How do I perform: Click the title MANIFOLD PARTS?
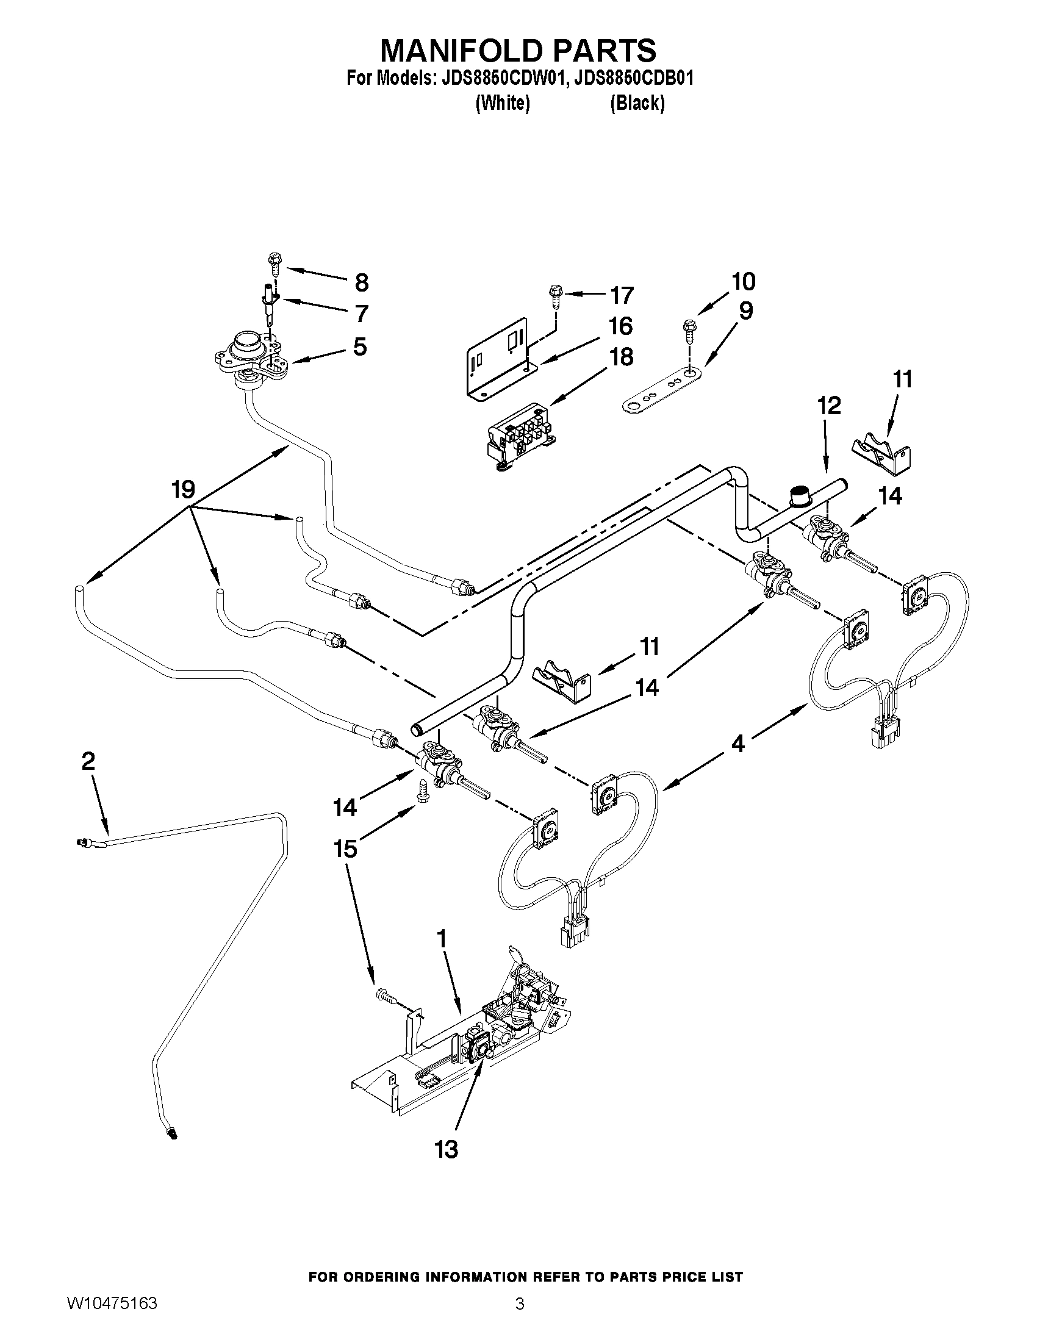pos(518,51)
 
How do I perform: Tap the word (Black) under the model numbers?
pos(637,103)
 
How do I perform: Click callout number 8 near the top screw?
pos(362,282)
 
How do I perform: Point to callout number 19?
pos(183,490)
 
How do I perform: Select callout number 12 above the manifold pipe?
pos(829,406)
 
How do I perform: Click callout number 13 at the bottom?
pos(447,1149)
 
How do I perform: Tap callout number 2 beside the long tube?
pos(88,761)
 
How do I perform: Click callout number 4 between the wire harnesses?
pos(738,744)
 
